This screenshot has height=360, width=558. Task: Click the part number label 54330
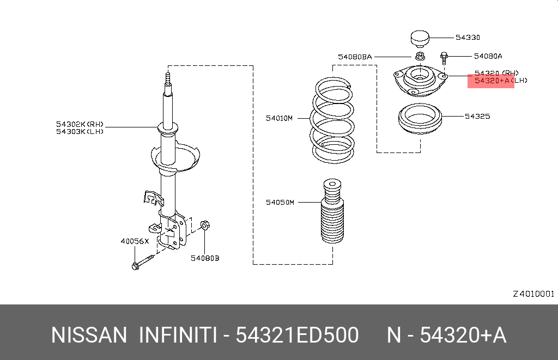468,38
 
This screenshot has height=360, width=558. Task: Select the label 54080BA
354,56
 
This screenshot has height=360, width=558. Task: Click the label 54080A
488,56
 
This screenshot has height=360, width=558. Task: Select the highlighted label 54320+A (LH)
500,81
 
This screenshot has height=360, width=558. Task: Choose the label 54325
477,116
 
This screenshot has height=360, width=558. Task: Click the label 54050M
280,202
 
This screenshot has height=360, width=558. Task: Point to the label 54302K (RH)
80,124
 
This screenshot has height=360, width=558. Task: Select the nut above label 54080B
205,225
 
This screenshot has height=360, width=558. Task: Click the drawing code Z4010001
533,294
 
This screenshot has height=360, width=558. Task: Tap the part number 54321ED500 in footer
297,335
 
